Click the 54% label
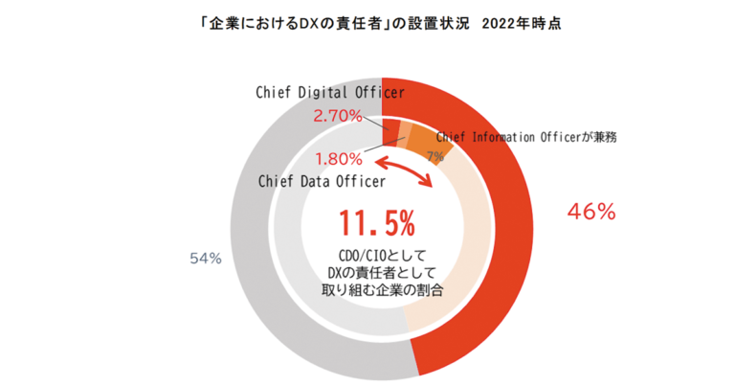click(x=207, y=258)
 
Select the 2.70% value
click(x=338, y=116)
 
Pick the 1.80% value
click(x=339, y=158)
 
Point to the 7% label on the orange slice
click(x=434, y=156)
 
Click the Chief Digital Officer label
click(x=329, y=93)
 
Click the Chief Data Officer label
click(x=322, y=181)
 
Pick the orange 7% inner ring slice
click(x=427, y=143)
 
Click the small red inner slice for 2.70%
click(x=390, y=129)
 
